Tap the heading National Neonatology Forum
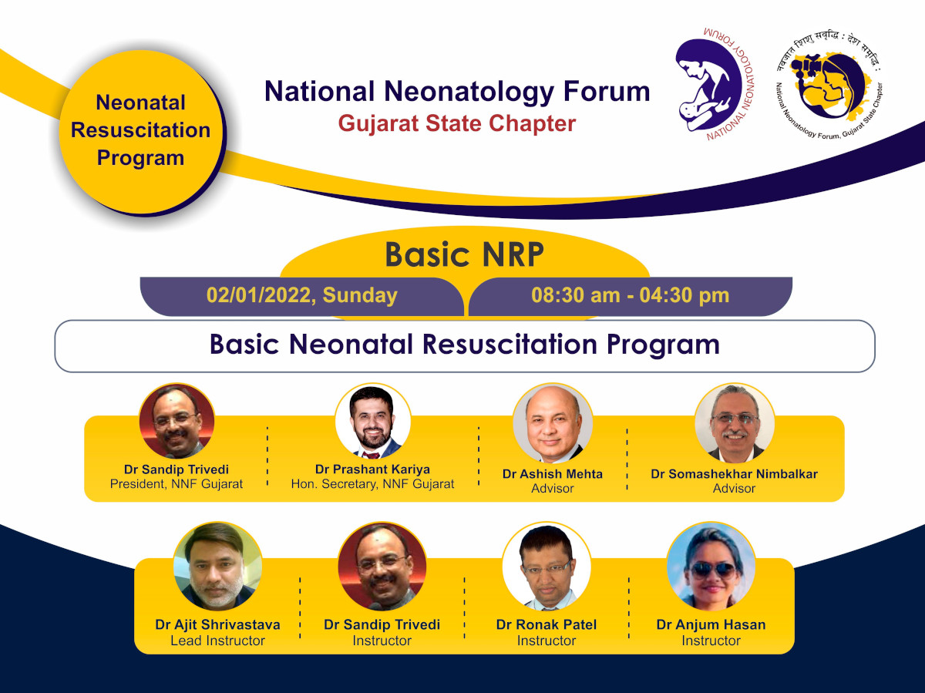(x=457, y=92)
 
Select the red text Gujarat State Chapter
(x=457, y=123)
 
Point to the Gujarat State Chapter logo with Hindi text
(x=829, y=86)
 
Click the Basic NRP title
(x=464, y=254)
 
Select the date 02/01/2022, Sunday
(x=301, y=295)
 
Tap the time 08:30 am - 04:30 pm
(x=630, y=295)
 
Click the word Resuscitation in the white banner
(x=511, y=344)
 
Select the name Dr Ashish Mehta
(x=552, y=474)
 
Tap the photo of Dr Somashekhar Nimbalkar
(x=735, y=423)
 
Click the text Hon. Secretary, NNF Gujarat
(x=372, y=484)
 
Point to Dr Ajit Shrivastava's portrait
(x=217, y=567)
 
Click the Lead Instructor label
(x=217, y=641)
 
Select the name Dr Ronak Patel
(x=547, y=624)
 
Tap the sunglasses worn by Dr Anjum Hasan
(x=712, y=570)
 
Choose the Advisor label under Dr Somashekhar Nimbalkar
(x=734, y=489)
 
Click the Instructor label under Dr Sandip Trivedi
(x=382, y=641)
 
